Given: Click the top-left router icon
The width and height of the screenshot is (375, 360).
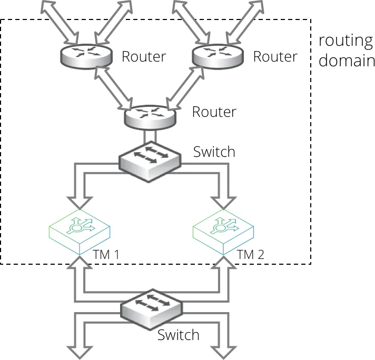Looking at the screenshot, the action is (x=86, y=56).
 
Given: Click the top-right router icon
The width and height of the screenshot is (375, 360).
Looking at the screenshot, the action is (x=218, y=56).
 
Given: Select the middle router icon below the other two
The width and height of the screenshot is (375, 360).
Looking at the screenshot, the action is (x=150, y=117).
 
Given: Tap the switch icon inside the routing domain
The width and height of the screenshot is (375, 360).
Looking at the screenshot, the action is (x=150, y=162).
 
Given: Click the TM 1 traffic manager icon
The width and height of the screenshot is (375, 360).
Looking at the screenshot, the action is (x=80, y=232).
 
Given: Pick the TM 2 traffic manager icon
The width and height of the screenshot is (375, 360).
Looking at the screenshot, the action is (x=223, y=232).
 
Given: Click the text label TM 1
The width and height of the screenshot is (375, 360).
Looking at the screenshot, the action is (x=106, y=254).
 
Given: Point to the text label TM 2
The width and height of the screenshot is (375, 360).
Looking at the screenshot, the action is (x=250, y=254).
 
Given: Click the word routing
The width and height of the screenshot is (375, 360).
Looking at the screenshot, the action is (x=346, y=41).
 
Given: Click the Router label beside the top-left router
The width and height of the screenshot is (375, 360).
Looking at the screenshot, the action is (x=144, y=57).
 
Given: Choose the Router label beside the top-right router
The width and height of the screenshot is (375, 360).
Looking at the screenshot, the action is (x=275, y=57).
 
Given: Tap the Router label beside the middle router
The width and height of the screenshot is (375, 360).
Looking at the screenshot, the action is (x=214, y=112).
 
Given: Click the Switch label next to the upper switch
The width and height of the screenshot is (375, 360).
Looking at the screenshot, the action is (x=214, y=152).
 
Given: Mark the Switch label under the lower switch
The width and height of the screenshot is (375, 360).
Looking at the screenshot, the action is (x=179, y=335).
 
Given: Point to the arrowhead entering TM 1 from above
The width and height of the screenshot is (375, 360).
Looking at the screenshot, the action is (x=80, y=203).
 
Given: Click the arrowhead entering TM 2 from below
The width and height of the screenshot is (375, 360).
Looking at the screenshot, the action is (x=224, y=262).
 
